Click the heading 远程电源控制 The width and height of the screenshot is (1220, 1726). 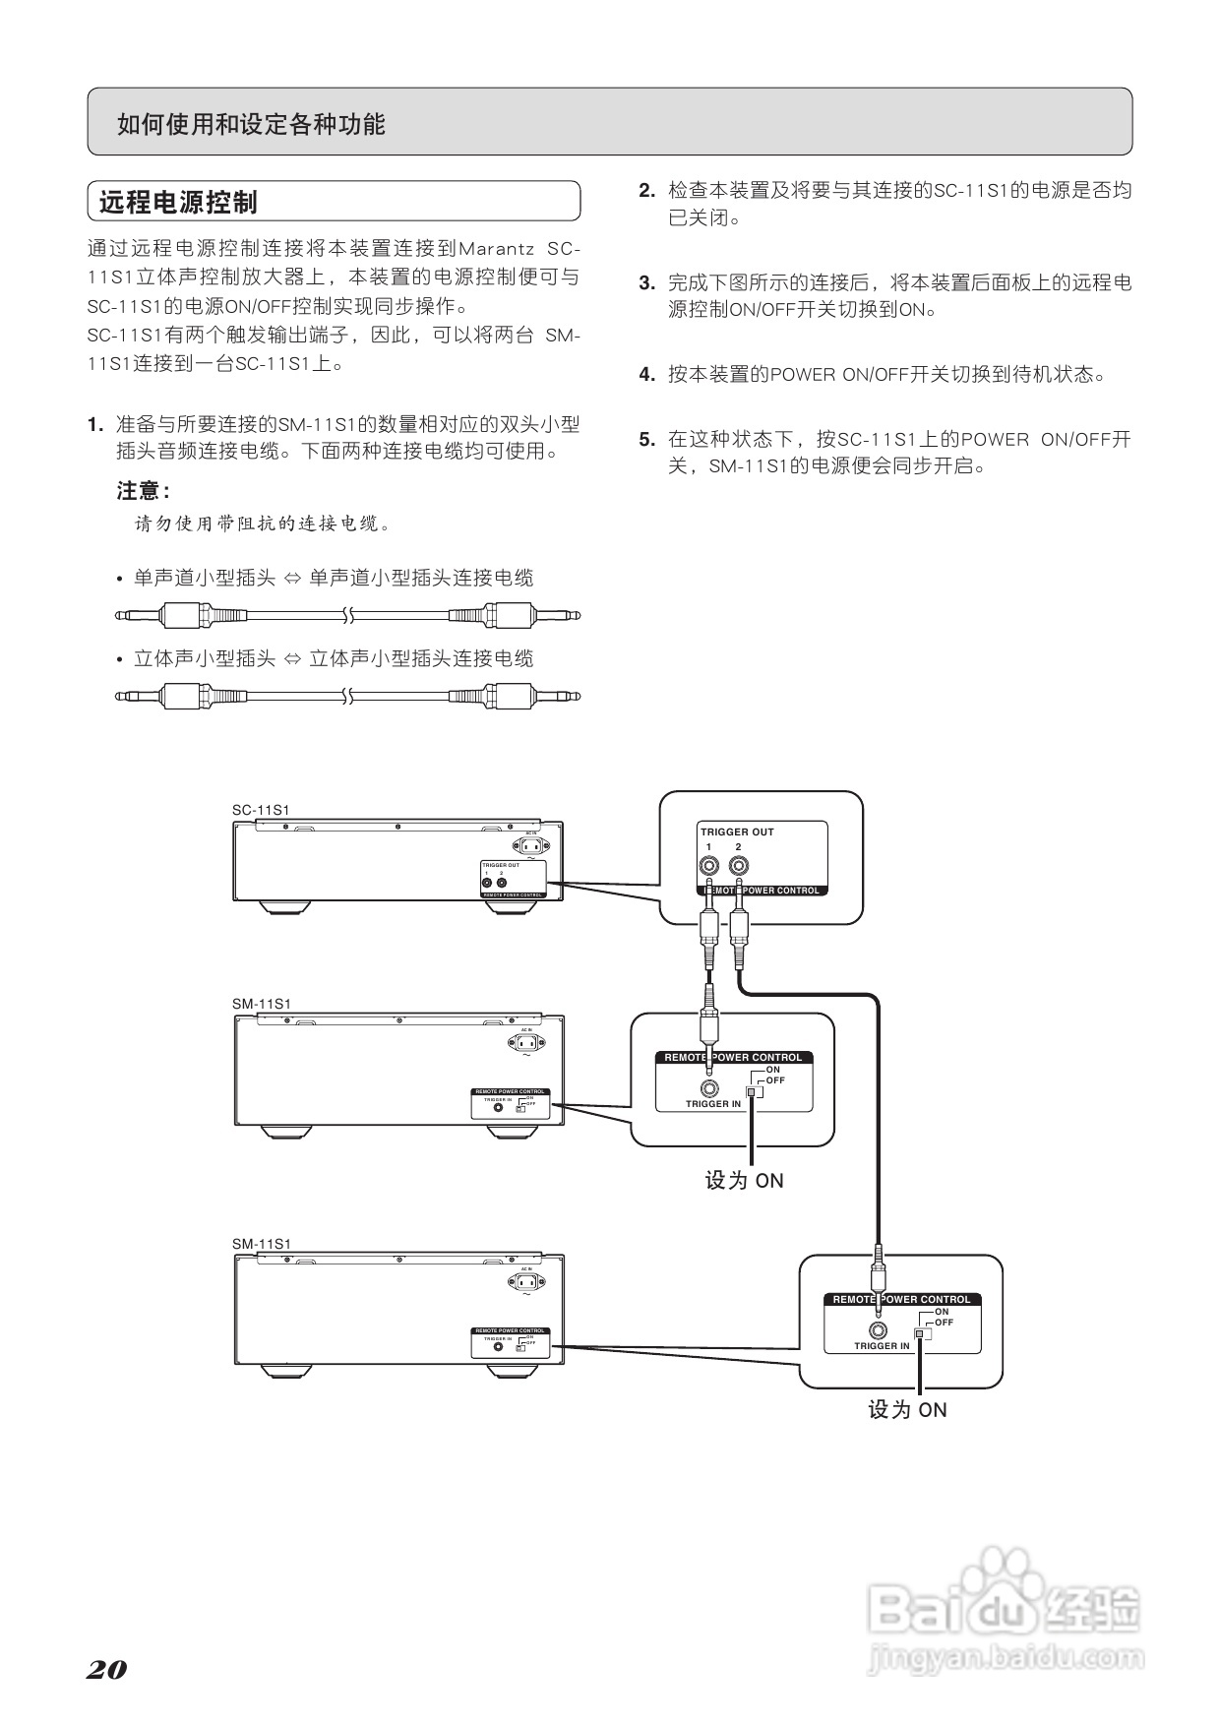pos(178,203)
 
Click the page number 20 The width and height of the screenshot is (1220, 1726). pos(107,1670)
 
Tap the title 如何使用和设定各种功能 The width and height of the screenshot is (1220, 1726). pos(251,124)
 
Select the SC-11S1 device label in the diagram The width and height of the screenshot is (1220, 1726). pos(261,810)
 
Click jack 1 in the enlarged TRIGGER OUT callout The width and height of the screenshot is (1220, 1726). pos(708,867)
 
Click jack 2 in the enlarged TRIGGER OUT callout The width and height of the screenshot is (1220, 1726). pos(738,867)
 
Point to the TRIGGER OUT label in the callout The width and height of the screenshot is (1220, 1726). pos(737,832)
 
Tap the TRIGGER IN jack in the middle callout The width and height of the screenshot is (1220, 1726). pos(708,1089)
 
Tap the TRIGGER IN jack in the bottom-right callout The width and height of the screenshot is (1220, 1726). pos(879,1331)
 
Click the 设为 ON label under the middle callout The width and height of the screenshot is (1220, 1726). pos(744,1181)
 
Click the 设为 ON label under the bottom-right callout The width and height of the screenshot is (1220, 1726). pos(906,1410)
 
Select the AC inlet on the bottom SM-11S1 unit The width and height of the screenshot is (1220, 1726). pos(527,1282)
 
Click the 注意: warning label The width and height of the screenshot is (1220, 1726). pos(143,491)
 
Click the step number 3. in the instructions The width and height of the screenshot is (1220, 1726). pos(646,283)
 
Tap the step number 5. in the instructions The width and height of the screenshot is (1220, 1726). pos(646,440)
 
